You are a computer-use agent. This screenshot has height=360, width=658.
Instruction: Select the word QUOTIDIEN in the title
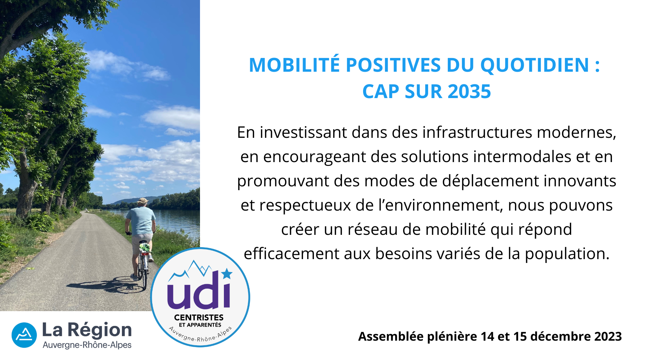[x=535, y=65]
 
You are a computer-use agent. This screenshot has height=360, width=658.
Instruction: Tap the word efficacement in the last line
[x=291, y=253]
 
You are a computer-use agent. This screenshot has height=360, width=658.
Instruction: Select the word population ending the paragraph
[x=567, y=254]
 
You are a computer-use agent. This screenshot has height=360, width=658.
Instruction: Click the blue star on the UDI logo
[x=227, y=273]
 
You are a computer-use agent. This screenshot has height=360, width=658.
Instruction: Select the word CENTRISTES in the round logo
[x=199, y=317]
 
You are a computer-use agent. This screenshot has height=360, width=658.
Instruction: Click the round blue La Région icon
[x=24, y=335]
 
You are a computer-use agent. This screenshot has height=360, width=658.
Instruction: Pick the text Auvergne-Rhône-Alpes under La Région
[x=87, y=345]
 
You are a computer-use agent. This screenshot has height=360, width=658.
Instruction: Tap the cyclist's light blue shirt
[x=141, y=220]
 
